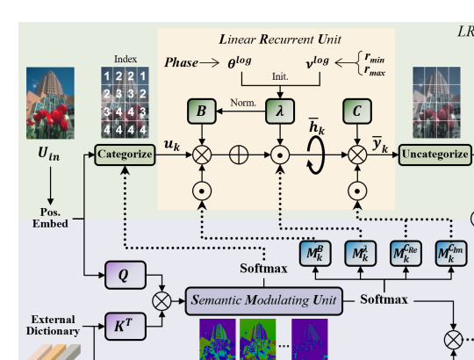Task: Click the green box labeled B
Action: click(x=202, y=112)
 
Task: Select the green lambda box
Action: click(x=280, y=112)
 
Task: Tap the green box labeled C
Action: click(x=357, y=112)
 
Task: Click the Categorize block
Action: click(x=125, y=155)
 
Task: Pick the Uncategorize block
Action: click(x=435, y=155)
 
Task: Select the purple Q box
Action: click(x=126, y=275)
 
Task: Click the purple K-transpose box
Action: click(x=126, y=327)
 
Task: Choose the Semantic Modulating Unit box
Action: click(x=264, y=301)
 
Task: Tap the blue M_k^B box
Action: click(x=315, y=254)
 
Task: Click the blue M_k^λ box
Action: click(x=361, y=254)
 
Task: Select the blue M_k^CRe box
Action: click(x=406, y=254)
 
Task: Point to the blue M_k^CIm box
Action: click(x=451, y=254)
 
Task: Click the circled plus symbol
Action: click(x=239, y=155)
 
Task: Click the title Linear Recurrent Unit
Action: click(x=280, y=40)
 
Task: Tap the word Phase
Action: click(x=182, y=62)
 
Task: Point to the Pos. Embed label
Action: click(x=50, y=218)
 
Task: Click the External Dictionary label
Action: click(x=53, y=325)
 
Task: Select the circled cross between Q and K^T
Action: click(x=162, y=301)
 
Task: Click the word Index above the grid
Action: click(x=126, y=59)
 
